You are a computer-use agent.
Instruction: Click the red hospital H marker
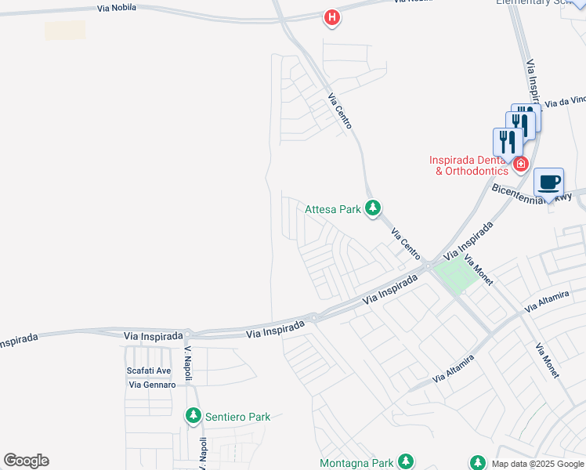coord(332,17)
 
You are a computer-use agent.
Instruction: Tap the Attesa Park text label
coord(333,209)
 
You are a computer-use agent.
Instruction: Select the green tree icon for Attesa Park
coord(374,208)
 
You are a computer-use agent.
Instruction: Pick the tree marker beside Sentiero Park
coord(194,416)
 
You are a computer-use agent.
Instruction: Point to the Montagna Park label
coord(356,463)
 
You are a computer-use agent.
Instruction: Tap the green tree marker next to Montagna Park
coord(406,462)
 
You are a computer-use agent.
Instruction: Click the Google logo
coord(26,461)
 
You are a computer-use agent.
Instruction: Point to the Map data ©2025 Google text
coord(537,464)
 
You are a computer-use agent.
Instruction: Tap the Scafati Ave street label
coord(149,371)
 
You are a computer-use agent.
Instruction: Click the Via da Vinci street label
coord(565,102)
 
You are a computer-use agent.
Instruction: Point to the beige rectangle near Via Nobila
coord(65,31)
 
